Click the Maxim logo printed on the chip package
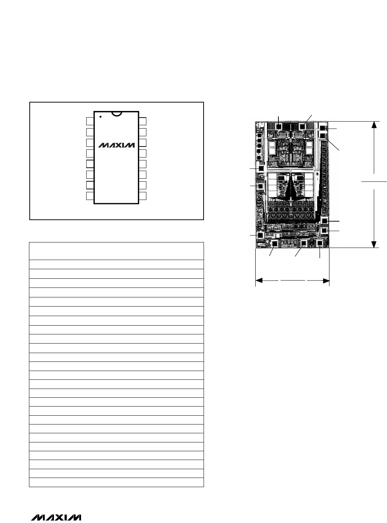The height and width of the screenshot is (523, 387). pos(117,145)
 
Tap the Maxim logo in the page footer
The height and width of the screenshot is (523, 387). pos(56,518)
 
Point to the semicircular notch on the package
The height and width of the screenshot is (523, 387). pos(117,114)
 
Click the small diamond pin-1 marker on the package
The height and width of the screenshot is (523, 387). pos(101,117)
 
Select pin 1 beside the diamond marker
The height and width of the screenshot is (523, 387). pos(90,121)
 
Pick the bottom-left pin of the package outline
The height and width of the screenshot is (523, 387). pos(90,196)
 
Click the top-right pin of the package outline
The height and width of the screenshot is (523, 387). pos(142,121)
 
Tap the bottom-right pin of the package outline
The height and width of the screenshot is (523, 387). pos(142,196)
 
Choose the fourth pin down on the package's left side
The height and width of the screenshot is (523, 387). pos(90,153)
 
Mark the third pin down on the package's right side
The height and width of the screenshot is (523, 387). pos(142,143)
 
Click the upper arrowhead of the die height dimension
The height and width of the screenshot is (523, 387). pos(374,125)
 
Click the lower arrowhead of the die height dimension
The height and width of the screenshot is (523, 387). pos(374,245)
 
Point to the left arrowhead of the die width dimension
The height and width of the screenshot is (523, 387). pos(259,281)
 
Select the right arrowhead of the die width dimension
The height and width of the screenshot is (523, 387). pos(326,281)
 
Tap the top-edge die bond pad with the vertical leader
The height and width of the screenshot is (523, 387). pos(279,126)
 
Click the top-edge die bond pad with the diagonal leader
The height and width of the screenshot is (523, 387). pos(302,126)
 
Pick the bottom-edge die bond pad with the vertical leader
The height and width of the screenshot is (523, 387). pos(320,243)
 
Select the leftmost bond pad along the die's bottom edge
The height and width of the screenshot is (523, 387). pos(274,244)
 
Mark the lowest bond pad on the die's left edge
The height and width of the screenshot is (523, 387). pos(260,235)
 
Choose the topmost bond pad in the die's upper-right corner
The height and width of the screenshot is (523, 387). pos(323,129)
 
